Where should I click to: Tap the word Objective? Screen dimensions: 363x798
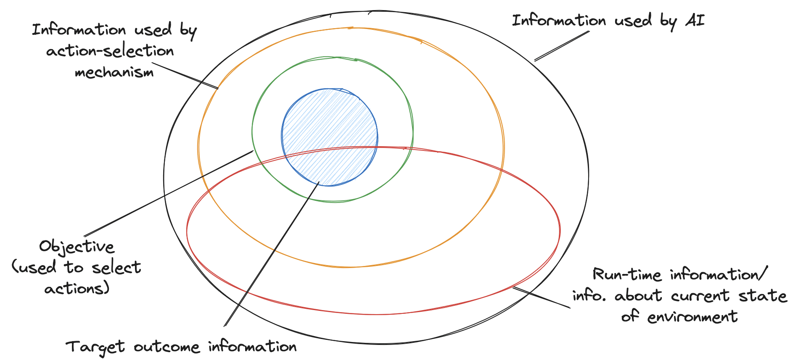pyautogui.click(x=77, y=247)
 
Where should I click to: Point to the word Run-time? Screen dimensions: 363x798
pyautogui.click(x=627, y=275)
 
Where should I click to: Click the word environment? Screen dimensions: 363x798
pyautogui.click(x=692, y=317)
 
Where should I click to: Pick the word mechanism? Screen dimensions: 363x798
pyautogui.click(x=114, y=73)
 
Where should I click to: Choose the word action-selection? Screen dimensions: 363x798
pyautogui.click(x=110, y=51)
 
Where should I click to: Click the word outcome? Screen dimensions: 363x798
pyautogui.click(x=166, y=347)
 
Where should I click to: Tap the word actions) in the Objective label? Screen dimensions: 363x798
pyautogui.click(x=77, y=289)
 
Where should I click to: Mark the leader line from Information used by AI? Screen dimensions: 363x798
pyautogui.click(x=562, y=46)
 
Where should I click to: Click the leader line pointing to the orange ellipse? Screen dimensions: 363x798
pyautogui.click(x=185, y=76)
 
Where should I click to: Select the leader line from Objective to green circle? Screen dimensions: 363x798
pyautogui.click(x=168, y=193)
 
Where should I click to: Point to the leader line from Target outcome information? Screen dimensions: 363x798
pyautogui.click(x=271, y=255)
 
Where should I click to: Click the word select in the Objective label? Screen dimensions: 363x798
pyautogui.click(x=116, y=268)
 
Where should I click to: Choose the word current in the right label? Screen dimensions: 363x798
pyautogui.click(x=700, y=296)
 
